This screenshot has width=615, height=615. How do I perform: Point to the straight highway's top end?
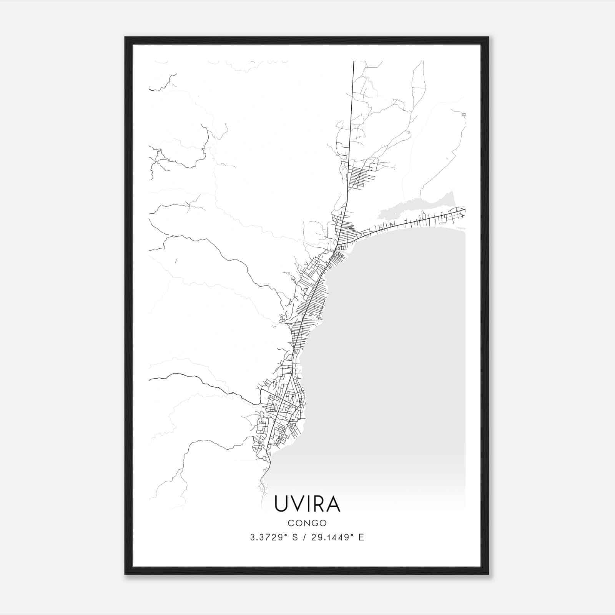[x=354, y=61]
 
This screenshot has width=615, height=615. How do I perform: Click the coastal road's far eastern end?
[x=464, y=209]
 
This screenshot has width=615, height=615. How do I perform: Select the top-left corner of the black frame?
[x=126, y=38]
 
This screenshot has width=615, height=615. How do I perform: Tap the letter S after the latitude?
[x=294, y=537]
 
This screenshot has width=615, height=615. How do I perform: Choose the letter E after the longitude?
[x=361, y=537]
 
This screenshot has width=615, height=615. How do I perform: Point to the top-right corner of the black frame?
[x=488, y=38]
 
